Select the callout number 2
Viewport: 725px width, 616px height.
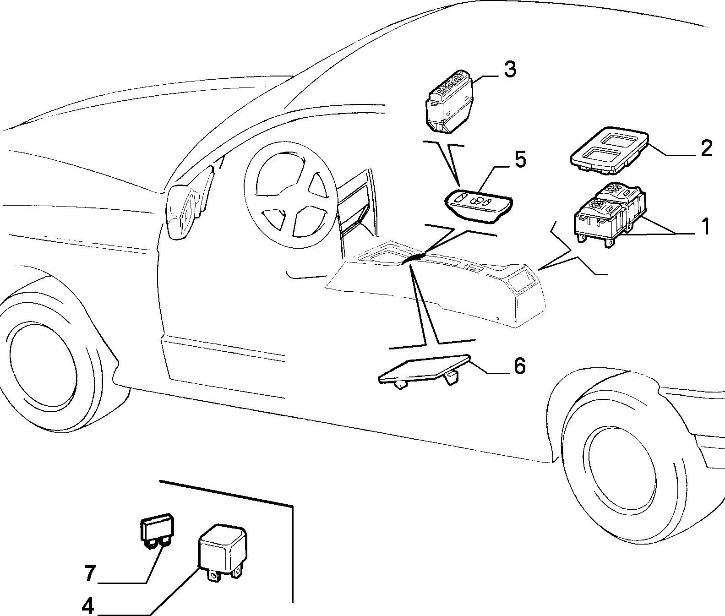[x=705, y=149]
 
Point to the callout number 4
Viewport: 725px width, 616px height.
[x=87, y=606]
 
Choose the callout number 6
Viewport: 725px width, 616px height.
[x=519, y=366]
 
